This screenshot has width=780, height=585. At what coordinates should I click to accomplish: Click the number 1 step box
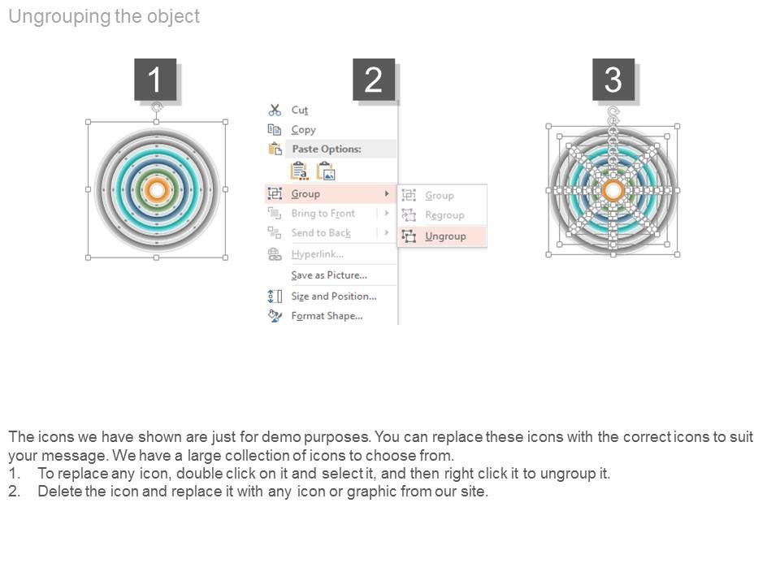(x=155, y=80)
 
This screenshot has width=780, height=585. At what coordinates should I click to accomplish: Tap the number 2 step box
(x=374, y=80)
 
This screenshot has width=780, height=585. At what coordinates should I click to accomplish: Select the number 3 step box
(x=613, y=80)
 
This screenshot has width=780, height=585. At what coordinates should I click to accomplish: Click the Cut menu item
(x=300, y=110)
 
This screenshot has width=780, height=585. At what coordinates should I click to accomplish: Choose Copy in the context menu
(x=303, y=130)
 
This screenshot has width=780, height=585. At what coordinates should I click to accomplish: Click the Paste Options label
(x=327, y=149)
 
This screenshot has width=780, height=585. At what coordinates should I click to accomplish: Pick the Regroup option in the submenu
(x=444, y=214)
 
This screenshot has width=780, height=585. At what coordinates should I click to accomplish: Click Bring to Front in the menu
(x=323, y=214)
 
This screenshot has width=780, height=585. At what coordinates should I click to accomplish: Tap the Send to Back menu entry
(x=321, y=233)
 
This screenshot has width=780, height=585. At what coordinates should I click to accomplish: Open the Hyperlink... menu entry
(x=318, y=254)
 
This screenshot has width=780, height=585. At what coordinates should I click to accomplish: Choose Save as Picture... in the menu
(x=329, y=275)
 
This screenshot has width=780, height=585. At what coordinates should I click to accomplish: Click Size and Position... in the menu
(x=334, y=297)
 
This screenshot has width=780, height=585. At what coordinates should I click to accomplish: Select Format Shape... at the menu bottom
(x=327, y=316)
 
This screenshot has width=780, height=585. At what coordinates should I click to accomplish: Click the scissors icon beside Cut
(x=275, y=110)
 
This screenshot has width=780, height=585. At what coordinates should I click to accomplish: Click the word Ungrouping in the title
(x=59, y=17)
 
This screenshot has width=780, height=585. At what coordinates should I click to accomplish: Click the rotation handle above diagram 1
(x=157, y=107)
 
